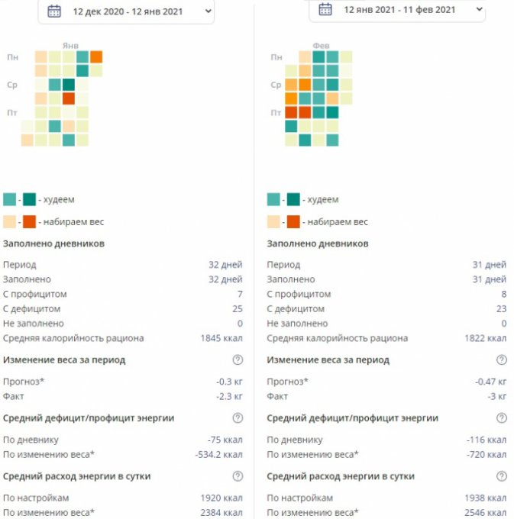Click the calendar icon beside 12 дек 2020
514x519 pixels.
click(x=54, y=11)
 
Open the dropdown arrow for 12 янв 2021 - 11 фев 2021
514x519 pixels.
click(x=479, y=9)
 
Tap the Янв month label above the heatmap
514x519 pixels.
click(x=70, y=46)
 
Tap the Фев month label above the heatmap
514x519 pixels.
click(x=320, y=46)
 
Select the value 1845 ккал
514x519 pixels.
click(x=221, y=338)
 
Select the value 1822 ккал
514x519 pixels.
click(x=485, y=338)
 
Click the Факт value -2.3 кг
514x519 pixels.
click(x=229, y=396)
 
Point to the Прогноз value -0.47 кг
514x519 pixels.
click(x=490, y=382)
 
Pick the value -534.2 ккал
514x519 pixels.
click(x=218, y=454)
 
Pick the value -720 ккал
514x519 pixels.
click(x=487, y=454)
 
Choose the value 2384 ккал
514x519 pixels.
click(x=221, y=512)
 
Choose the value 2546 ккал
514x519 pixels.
click(x=485, y=512)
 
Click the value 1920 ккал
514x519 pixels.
click(x=221, y=498)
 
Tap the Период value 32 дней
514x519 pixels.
click(x=225, y=265)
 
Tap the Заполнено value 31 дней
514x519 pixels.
click(x=489, y=279)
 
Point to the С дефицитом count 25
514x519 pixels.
click(x=237, y=309)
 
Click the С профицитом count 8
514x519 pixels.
click(x=503, y=294)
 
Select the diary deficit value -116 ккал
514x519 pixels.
click(x=487, y=440)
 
